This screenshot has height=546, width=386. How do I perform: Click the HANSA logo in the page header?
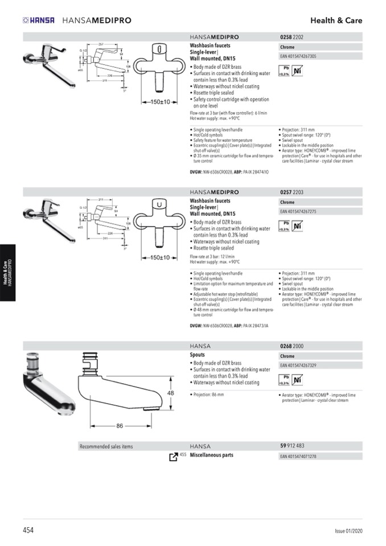pyautogui.click(x=39, y=20)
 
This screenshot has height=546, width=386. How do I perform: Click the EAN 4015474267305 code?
pyautogui.click(x=298, y=56)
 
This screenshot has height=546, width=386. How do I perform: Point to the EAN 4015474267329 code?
pyautogui.click(x=298, y=365)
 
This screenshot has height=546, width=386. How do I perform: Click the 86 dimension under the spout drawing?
pyautogui.click(x=120, y=425)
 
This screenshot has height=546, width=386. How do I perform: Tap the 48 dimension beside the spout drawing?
pyautogui.click(x=170, y=393)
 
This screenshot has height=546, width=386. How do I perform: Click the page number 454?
pyautogui.click(x=28, y=529)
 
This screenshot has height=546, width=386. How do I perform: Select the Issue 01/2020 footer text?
pyautogui.click(x=348, y=530)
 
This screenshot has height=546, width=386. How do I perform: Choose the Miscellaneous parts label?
pyautogui.click(x=211, y=455)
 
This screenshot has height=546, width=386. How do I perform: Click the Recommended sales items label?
pyautogui.click(x=106, y=446)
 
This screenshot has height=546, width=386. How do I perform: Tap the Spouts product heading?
pyautogui.click(x=197, y=355)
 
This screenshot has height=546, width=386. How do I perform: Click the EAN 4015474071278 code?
pyautogui.click(x=298, y=456)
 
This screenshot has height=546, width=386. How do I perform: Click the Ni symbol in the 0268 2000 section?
pyautogui.click(x=297, y=380)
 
